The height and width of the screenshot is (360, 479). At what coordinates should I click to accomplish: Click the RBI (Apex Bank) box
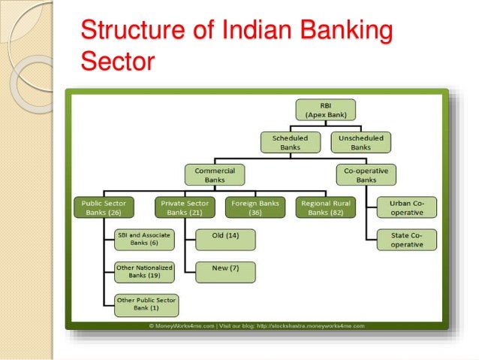(x=326, y=110)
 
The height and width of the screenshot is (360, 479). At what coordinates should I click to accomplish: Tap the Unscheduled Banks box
(x=360, y=143)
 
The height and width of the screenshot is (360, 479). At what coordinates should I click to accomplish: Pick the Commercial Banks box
(x=215, y=175)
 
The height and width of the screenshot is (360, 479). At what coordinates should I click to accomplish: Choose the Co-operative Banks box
(x=366, y=175)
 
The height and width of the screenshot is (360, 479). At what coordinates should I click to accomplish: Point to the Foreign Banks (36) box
(x=255, y=207)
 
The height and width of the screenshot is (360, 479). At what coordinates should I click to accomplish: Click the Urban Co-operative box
(x=407, y=207)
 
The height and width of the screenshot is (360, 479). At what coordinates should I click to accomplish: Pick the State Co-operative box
(x=407, y=240)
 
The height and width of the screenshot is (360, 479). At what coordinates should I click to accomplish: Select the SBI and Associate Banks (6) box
(x=143, y=239)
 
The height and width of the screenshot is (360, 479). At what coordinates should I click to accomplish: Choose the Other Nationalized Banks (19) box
(x=143, y=271)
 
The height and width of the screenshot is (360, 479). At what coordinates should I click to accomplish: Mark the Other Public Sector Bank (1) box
(x=146, y=304)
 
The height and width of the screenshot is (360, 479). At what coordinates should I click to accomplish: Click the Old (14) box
(x=224, y=239)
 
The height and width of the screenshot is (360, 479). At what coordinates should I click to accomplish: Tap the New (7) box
(x=224, y=271)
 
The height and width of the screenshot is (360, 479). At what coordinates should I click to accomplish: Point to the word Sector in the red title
(x=116, y=61)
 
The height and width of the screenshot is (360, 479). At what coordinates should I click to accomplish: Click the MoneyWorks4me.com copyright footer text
(x=256, y=325)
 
